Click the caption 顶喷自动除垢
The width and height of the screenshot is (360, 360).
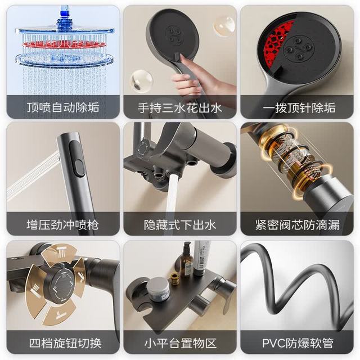[63, 107]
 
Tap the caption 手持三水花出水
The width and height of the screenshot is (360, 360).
[180, 107]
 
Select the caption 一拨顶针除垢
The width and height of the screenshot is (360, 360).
[299, 107]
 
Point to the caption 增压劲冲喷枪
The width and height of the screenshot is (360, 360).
[62, 224]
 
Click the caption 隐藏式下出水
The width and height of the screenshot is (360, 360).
[180, 224]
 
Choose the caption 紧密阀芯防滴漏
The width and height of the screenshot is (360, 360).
[298, 224]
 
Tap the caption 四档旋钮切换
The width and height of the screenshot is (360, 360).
[65, 343]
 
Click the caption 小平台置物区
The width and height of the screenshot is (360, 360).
[181, 343]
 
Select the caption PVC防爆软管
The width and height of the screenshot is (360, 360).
[298, 343]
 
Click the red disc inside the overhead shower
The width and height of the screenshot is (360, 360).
[65, 44]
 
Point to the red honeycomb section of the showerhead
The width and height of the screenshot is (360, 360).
[277, 41]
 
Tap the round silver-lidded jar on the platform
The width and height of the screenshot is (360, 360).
[158, 289]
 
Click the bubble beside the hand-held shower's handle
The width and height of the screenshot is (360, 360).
[141, 81]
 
